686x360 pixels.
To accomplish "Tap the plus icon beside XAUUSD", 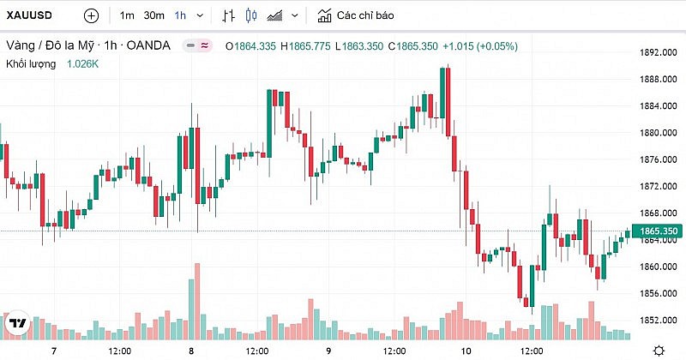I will tap(92, 15).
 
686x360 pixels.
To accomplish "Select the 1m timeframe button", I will tap(127, 15).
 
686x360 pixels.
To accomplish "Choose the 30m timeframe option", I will tap(154, 15).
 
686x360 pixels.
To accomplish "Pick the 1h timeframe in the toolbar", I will tap(180, 15).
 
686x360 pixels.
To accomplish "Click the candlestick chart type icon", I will tap(251, 15).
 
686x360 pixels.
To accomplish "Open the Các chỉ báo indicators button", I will tap(356, 15).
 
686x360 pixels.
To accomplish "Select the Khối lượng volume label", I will tap(31, 63).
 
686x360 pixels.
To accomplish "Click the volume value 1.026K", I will tap(83, 63).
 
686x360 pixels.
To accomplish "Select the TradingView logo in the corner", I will tap(16, 324).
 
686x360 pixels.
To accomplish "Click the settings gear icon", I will tap(658, 351).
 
